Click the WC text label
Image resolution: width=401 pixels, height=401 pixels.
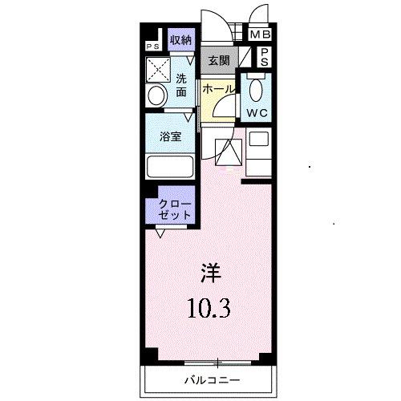click(257, 112)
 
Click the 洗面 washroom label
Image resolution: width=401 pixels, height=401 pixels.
click(181, 86)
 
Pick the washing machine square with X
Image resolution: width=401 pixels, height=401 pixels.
click(158, 69)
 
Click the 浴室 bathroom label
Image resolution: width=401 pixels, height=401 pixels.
click(169, 136)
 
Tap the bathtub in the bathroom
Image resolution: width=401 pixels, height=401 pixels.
click(169, 167)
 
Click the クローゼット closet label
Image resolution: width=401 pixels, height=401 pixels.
click(169, 209)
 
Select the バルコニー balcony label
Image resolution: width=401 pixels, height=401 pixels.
click(213, 378)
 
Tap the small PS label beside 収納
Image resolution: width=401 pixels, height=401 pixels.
click(152, 46)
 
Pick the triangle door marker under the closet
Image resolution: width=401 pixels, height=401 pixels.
click(161, 233)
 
